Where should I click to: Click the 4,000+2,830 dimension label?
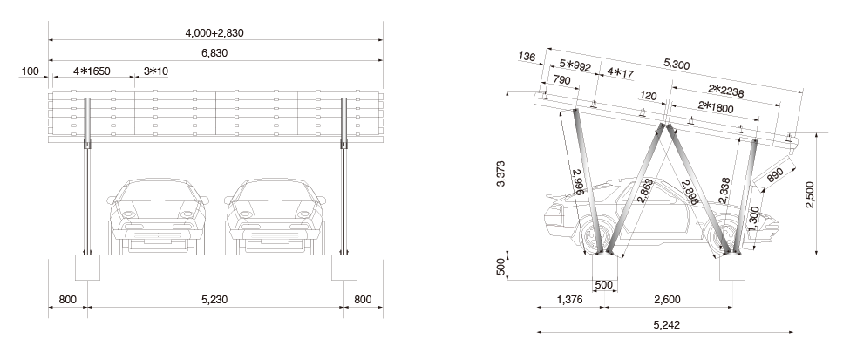coord(214,33)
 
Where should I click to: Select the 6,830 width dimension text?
coord(215,53)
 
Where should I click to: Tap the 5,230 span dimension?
coord(215,299)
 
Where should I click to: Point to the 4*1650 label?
coord(92,71)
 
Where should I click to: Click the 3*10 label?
coord(156,71)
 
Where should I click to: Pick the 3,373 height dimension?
coord(501,173)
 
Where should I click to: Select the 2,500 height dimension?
coord(809,194)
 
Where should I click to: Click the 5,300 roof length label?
coord(677,64)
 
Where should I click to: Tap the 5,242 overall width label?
coord(667,325)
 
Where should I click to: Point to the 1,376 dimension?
coord(570,299)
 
